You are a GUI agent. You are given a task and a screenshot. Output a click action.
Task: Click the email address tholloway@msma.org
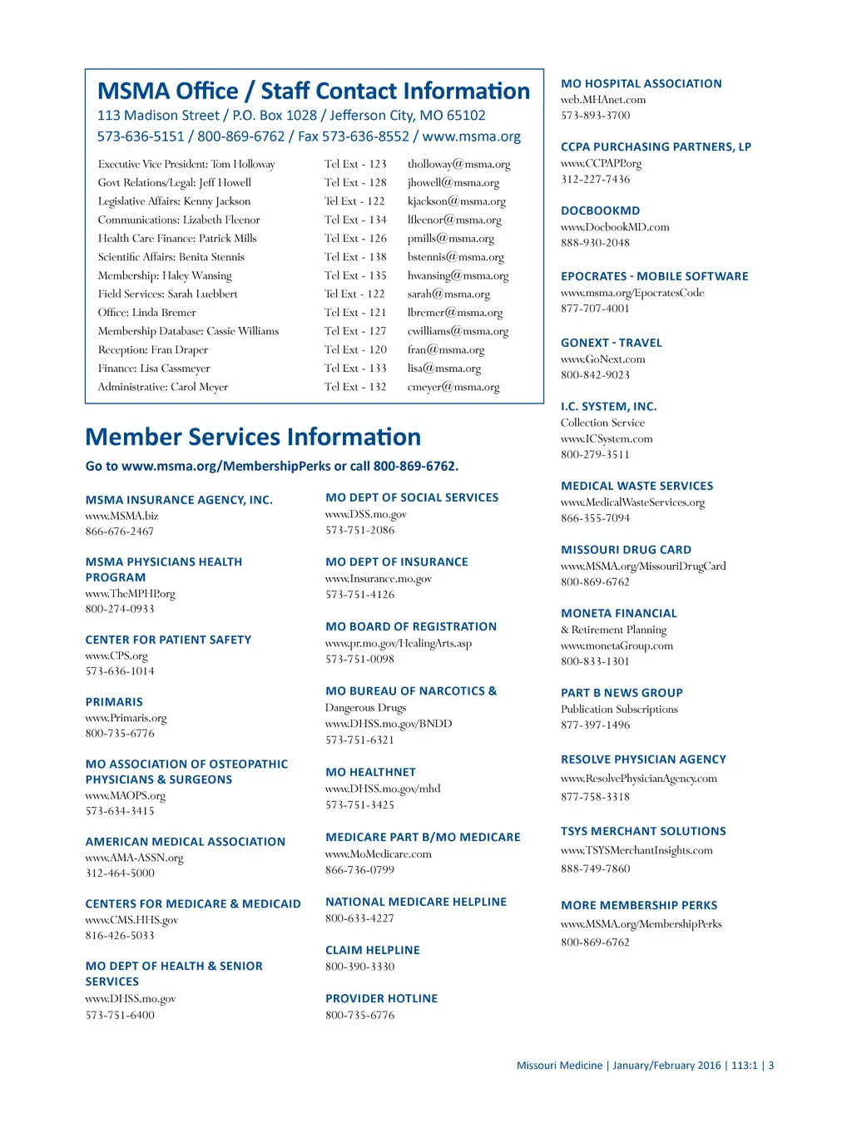coord(458,165)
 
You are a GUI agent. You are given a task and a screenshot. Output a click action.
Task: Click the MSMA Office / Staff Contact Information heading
coord(314,91)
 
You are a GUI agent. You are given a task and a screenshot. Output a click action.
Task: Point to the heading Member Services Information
coord(253,437)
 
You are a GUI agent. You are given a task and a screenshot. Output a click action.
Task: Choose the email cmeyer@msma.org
coord(453,387)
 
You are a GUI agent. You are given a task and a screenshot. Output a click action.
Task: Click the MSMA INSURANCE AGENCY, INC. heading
coord(179,500)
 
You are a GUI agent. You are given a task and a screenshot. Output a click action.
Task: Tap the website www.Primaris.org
coord(126,718)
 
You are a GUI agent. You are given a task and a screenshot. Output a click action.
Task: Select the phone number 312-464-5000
coord(120,873)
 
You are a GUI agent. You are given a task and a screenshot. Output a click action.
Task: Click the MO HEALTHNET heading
coord(370,772)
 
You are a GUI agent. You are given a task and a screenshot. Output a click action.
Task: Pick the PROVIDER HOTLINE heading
coord(381,998)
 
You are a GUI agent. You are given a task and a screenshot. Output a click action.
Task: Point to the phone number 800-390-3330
coord(359,967)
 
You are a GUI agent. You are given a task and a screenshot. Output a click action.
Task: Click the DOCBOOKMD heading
coord(600,211)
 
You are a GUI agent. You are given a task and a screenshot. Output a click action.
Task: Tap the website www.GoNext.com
coord(602,359)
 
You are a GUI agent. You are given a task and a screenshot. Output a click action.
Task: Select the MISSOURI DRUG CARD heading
coord(626,550)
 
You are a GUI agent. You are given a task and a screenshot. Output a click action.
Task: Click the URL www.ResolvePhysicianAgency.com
coord(638,779)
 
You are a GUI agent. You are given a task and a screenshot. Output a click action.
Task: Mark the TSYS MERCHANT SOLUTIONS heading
coord(643,831)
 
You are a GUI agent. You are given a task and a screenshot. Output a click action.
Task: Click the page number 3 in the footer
coord(771,1066)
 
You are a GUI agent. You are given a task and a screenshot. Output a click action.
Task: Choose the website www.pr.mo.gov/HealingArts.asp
coord(398,644)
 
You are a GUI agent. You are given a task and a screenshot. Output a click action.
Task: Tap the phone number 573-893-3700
coord(595,116)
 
